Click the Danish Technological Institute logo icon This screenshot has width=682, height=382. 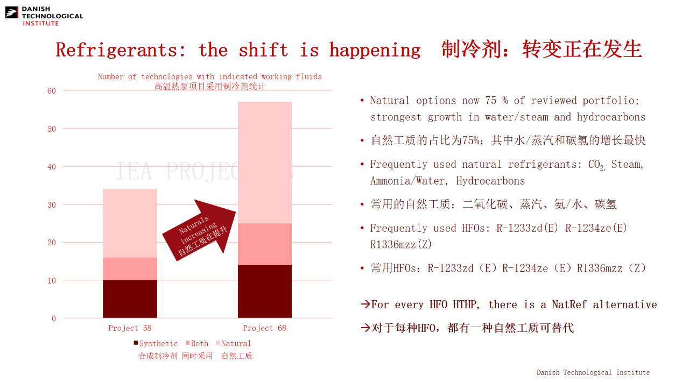[11, 12]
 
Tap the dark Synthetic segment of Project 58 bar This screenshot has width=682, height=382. [130, 299]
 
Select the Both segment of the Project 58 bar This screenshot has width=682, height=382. [130, 269]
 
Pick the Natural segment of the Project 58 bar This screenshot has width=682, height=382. [130, 223]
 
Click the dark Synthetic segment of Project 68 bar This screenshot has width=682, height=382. [265, 291]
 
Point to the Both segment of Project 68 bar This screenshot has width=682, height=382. [265, 244]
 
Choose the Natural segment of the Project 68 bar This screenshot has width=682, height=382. [265, 162]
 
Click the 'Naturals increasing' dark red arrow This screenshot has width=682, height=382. [199, 230]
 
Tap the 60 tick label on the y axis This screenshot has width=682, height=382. [52, 91]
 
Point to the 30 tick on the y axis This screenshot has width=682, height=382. [52, 204]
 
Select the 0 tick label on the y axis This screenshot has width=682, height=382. [54, 319]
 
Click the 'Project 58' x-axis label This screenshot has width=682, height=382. [130, 328]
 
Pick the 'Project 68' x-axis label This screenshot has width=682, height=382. [265, 328]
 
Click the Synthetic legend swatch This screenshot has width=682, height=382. [136, 343]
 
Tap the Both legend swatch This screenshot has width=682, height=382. [187, 343]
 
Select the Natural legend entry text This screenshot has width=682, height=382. [236, 343]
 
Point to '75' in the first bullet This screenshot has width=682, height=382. [490, 101]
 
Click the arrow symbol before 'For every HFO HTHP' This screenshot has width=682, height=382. [365, 304]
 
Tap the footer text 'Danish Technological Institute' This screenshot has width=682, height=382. [593, 372]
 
